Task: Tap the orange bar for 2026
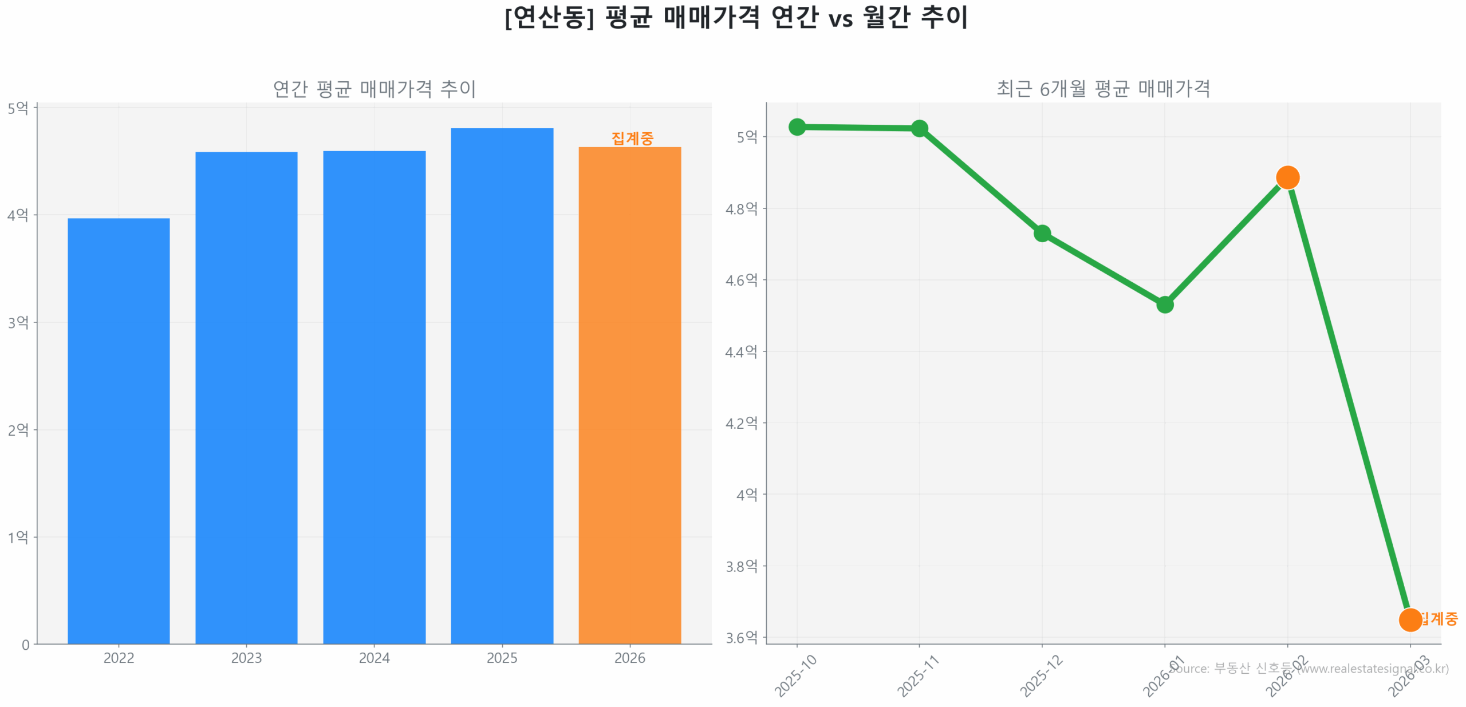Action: [629, 394]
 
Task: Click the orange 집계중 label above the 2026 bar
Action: [632, 138]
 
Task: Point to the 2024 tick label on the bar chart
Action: [374, 658]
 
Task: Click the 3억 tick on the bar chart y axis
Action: [18, 322]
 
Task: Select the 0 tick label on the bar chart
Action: [26, 645]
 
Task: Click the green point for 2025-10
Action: [797, 127]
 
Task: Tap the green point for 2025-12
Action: [1042, 233]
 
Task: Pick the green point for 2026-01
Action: [1164, 304]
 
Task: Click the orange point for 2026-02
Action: [1287, 177]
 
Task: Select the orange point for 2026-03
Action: [1409, 619]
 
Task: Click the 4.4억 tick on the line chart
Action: [741, 351]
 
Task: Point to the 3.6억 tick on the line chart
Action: [741, 637]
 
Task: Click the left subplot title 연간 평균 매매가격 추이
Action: [374, 89]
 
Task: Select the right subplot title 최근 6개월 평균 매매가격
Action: [1103, 89]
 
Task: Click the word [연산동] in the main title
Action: [549, 17]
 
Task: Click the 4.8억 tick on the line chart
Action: [741, 208]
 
